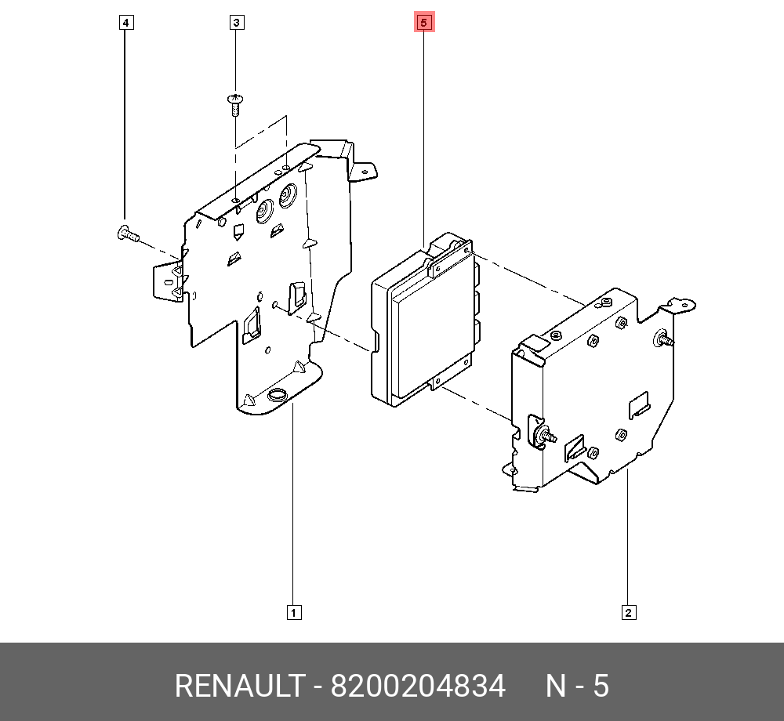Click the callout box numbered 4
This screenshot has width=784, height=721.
126,23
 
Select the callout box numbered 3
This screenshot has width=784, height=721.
237,23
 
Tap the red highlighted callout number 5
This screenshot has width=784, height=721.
424,23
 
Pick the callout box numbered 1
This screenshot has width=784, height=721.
293,613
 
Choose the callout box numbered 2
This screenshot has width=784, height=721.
629,613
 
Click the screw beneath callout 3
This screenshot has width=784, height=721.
235,104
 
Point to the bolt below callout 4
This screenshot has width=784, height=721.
128,234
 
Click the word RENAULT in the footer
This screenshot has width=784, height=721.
240,686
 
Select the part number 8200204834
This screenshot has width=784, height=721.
418,686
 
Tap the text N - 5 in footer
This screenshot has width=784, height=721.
577,686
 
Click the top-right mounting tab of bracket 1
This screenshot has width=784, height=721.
364,172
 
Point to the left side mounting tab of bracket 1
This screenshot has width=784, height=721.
168,282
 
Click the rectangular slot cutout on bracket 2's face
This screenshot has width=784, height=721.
639,404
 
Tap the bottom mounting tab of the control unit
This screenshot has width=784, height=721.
436,382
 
